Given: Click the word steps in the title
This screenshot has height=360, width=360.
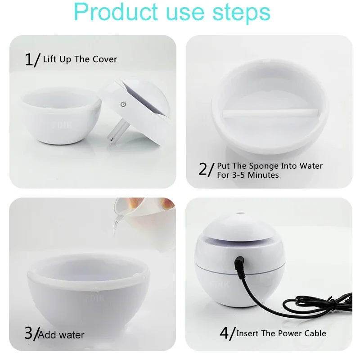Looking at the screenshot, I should pos(243,13).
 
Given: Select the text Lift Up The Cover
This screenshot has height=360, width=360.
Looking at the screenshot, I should pos(80,59).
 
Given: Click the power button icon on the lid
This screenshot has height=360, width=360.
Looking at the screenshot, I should pos(123,104).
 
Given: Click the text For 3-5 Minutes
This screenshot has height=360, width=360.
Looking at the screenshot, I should pos(247,175).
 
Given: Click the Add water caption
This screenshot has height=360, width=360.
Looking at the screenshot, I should pos(62,335).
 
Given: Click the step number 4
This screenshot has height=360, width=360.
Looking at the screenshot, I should pos(225,333).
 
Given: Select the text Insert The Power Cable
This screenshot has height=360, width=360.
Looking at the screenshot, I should pos(281,333).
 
